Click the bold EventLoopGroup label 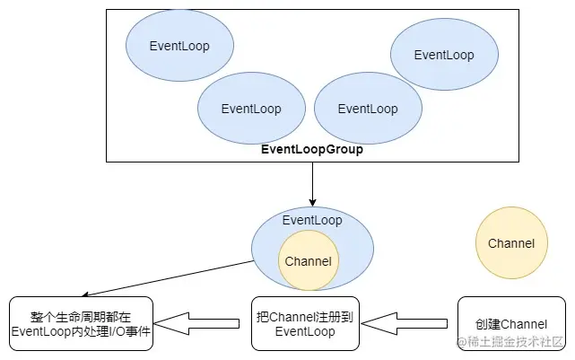(x=312, y=150)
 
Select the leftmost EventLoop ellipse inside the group (x=179, y=44)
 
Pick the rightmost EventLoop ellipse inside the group (x=443, y=55)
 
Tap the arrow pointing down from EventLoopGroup (x=312, y=183)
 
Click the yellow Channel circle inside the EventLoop (x=308, y=261)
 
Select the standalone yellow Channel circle (x=511, y=243)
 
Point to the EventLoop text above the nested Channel (x=312, y=220)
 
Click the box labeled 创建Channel (x=511, y=323)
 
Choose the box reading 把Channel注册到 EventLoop (x=305, y=323)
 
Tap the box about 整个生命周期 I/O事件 (x=81, y=323)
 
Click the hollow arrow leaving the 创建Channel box (x=409, y=322)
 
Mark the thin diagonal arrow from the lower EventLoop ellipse (x=166, y=277)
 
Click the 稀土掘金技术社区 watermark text (x=516, y=342)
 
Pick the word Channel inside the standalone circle (x=511, y=243)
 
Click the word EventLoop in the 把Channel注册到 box (x=305, y=331)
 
